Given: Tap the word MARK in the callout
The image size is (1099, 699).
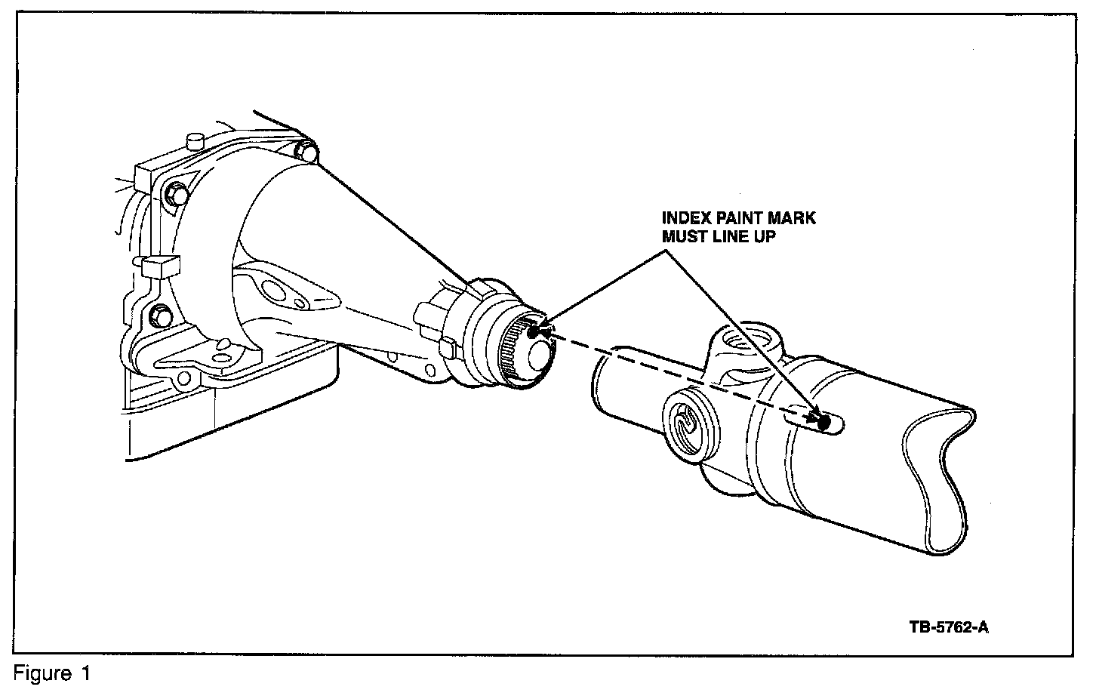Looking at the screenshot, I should [x=793, y=218].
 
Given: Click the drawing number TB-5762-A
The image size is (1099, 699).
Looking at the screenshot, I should [x=948, y=627].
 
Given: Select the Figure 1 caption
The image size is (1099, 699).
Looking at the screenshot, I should [x=52, y=674].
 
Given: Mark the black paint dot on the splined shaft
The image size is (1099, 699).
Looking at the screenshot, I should [x=533, y=331].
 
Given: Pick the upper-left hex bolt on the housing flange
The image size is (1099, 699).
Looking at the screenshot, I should [x=176, y=193].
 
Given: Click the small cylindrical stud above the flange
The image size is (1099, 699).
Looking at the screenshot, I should [x=195, y=140].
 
